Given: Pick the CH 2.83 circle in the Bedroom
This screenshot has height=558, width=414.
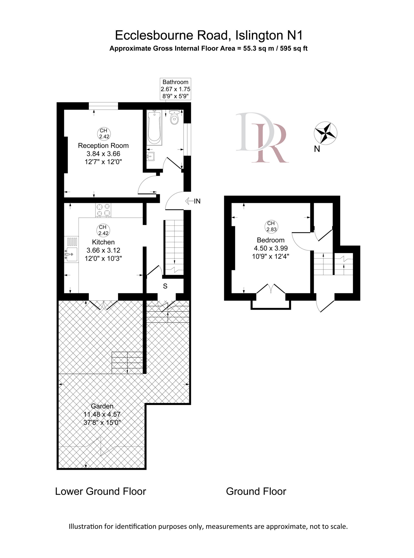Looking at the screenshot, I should (271, 226).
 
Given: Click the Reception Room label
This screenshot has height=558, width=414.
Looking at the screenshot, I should (103, 145).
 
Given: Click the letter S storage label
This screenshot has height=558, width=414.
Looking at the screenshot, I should (165, 286).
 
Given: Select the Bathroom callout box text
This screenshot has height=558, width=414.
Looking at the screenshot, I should (175, 89).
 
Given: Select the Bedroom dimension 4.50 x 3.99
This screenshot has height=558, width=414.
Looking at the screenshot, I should (271, 248).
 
